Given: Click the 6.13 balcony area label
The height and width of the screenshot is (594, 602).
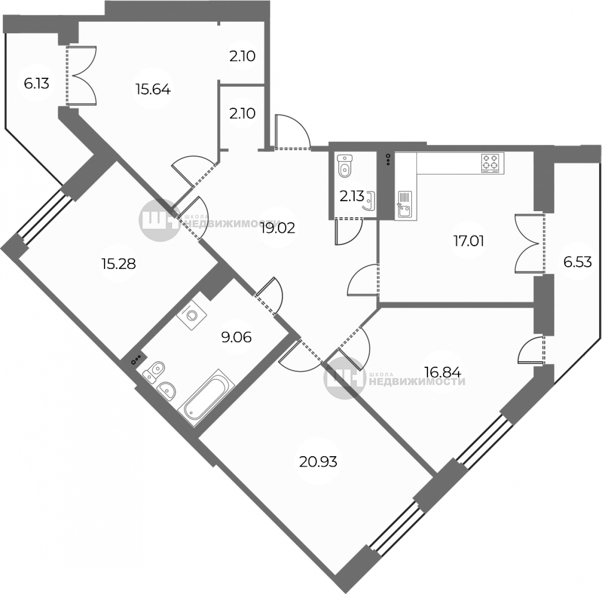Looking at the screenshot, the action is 37,84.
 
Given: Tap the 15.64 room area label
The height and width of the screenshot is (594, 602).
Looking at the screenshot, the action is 153,90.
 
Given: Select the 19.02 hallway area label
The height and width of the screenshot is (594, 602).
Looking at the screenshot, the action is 277,229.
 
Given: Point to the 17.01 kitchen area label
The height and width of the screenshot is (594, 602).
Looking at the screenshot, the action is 468,241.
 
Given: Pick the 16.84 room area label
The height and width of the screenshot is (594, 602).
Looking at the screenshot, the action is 443,372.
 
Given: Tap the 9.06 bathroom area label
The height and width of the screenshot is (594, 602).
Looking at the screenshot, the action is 237,338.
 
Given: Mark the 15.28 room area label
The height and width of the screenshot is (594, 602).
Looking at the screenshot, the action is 119,264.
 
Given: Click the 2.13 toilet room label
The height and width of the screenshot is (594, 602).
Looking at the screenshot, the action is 352,197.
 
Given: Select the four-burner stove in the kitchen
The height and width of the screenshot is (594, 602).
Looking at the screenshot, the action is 490,163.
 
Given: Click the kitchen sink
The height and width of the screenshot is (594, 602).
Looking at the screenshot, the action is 405,205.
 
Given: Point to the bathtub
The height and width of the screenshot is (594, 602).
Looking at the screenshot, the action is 206,397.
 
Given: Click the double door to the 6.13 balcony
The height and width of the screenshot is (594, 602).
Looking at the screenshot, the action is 81,75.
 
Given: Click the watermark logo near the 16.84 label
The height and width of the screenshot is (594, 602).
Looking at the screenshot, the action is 344,379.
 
